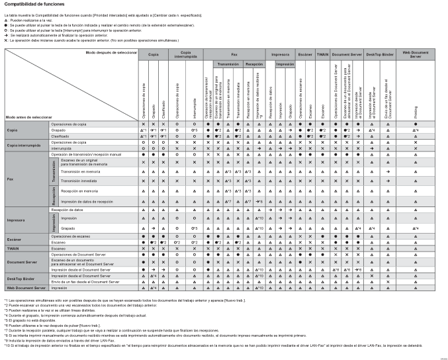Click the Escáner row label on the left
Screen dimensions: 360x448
[15, 239]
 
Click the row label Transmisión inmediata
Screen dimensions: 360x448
[76, 180]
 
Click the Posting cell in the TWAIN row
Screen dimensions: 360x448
[415, 248]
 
